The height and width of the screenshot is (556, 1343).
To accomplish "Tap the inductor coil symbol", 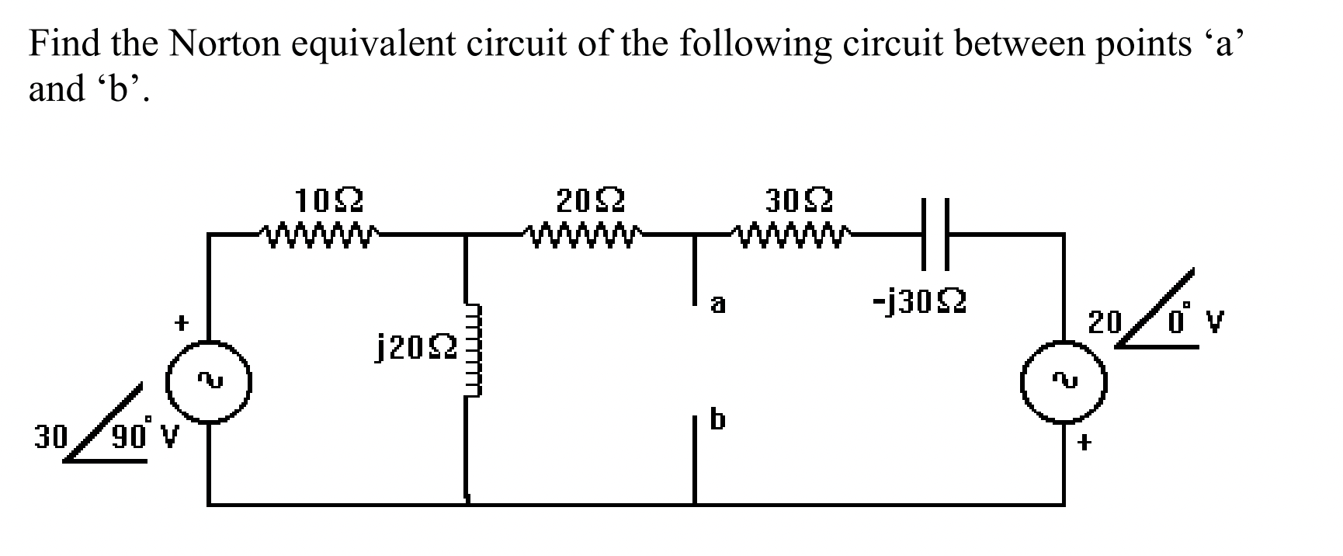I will point(470,349).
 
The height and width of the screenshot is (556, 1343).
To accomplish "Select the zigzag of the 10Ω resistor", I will point(319,232).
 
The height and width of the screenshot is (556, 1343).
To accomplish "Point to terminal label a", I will point(717,304).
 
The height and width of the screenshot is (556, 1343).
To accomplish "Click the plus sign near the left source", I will point(181,321).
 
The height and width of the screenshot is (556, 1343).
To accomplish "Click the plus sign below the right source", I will point(1084,443).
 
